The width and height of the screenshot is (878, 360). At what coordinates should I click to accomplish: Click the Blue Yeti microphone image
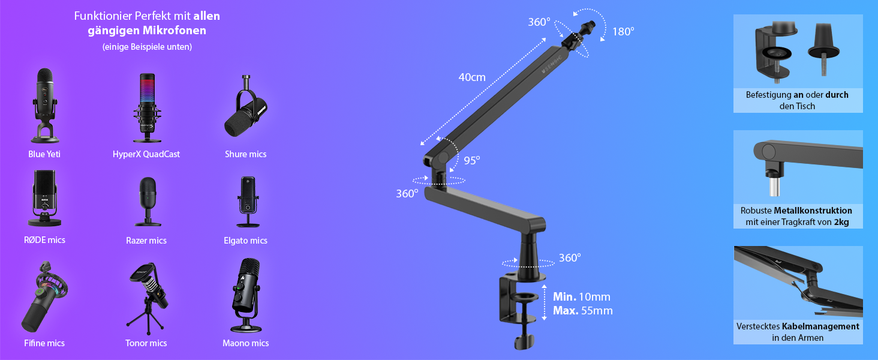pos(45,106)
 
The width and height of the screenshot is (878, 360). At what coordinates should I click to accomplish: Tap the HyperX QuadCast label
pos(146,154)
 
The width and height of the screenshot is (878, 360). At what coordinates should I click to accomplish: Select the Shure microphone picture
pos(246,106)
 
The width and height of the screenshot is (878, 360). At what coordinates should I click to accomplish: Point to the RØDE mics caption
pos(45,240)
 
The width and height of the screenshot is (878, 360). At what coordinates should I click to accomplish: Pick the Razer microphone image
pos(148,202)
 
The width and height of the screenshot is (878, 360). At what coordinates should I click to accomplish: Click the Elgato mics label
pos(245,241)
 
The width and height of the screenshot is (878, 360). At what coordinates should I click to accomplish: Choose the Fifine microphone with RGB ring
pos(44,296)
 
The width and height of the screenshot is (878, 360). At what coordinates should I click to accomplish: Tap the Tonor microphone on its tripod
pos(148,299)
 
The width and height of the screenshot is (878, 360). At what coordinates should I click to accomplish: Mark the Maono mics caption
pos(246,343)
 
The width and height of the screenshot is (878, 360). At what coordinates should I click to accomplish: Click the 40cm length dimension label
pos(472,77)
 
